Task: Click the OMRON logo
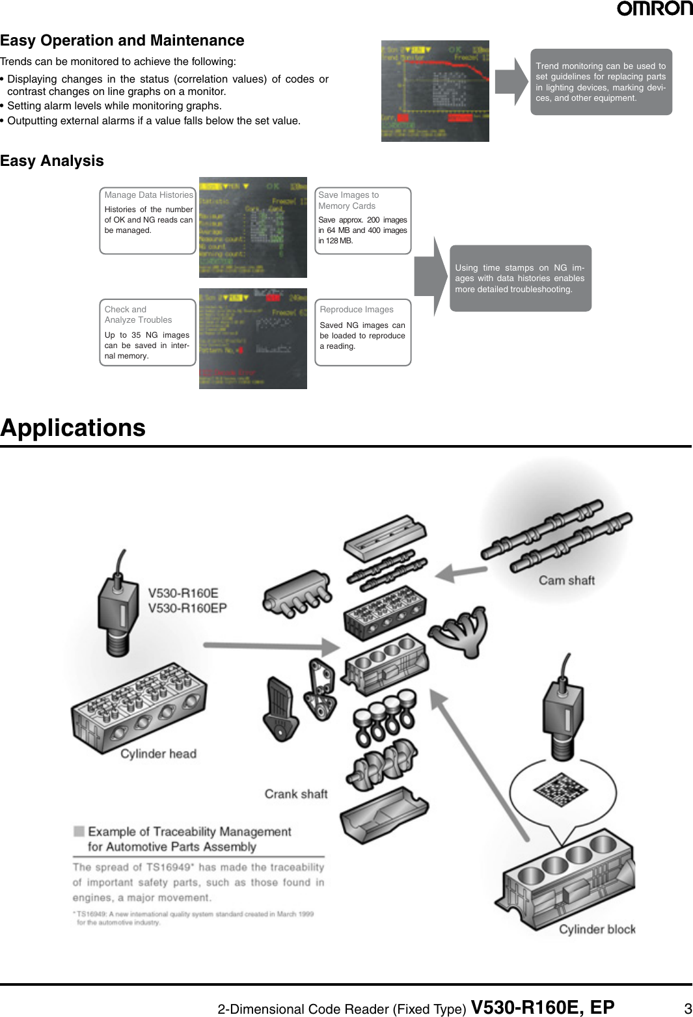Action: tap(654, 8)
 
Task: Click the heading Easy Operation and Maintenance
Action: tap(122, 40)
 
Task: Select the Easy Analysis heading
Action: tap(52, 161)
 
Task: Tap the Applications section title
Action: tap(73, 427)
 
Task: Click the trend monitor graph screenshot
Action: tap(435, 91)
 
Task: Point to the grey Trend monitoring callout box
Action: tap(601, 82)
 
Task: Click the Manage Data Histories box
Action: tap(148, 221)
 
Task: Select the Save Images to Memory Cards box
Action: tap(362, 221)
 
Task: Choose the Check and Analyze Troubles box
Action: tap(148, 332)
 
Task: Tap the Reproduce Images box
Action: tap(362, 332)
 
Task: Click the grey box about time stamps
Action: tap(520, 278)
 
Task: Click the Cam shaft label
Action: tap(566, 580)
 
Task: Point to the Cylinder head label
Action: tap(158, 753)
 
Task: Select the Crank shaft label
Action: tap(295, 794)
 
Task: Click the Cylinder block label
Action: tap(597, 929)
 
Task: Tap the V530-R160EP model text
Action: tap(187, 608)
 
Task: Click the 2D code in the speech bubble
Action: tap(560, 789)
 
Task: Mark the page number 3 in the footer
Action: tap(687, 1009)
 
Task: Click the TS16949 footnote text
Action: tap(195, 917)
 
